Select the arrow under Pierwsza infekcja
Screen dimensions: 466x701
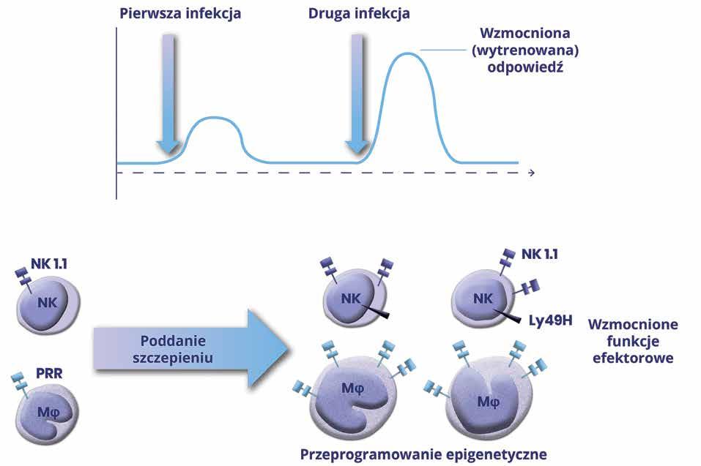(x=168, y=95)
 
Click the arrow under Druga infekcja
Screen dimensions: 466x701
(x=357, y=95)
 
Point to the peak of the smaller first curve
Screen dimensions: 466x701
(x=215, y=117)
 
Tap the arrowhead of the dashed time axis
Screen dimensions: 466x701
(x=531, y=173)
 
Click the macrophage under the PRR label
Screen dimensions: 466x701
(x=49, y=414)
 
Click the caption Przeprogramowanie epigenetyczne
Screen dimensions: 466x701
(x=423, y=454)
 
